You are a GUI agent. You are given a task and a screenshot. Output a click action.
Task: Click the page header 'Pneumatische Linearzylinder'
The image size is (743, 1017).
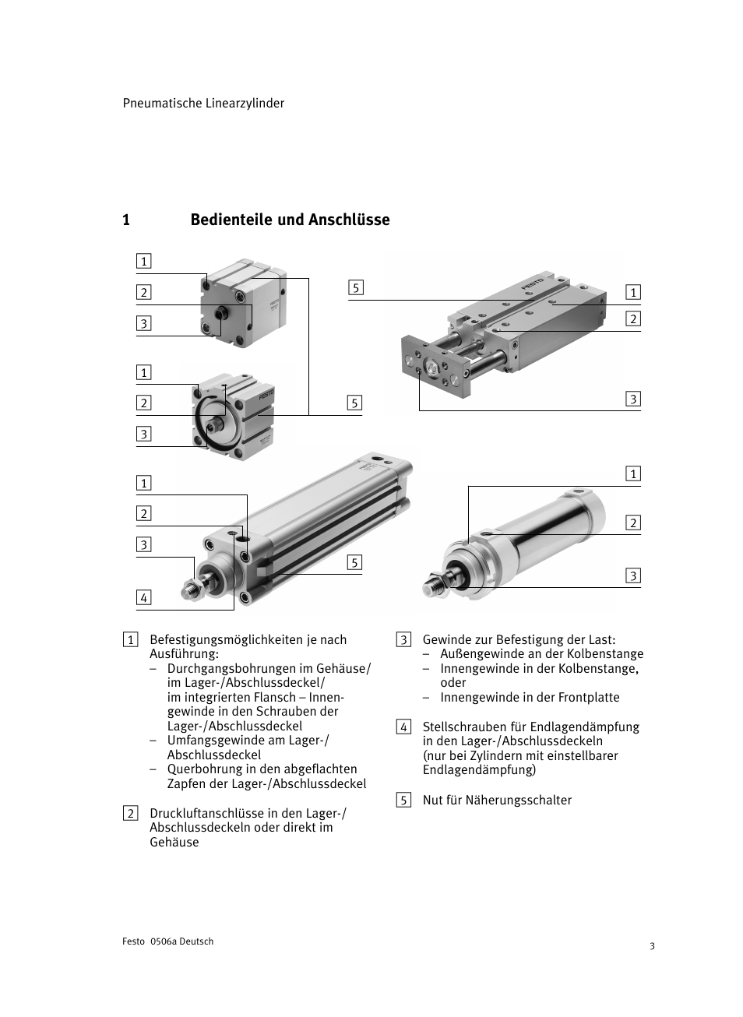[x=203, y=104]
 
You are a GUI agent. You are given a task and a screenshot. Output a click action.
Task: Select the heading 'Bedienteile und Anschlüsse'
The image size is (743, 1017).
[x=290, y=220]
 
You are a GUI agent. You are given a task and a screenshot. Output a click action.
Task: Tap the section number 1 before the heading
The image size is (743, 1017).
[x=126, y=220]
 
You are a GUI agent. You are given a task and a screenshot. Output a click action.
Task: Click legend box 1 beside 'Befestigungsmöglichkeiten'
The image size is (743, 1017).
[x=131, y=640]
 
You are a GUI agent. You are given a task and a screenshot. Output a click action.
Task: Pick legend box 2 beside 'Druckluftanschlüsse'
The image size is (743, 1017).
[x=131, y=814]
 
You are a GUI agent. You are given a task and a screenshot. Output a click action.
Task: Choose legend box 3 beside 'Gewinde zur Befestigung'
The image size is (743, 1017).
[x=403, y=640]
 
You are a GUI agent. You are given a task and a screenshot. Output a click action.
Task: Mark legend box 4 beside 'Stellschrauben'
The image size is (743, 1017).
[x=403, y=727]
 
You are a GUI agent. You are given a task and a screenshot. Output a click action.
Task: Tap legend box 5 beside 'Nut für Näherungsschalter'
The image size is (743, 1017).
[x=403, y=801]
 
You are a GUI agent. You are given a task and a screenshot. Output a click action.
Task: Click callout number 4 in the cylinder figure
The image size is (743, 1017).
[x=143, y=598]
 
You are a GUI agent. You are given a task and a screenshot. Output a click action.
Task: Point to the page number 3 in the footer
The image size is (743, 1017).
[x=653, y=946]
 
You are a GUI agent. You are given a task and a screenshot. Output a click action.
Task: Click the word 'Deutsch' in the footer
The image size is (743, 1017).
[x=196, y=941]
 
